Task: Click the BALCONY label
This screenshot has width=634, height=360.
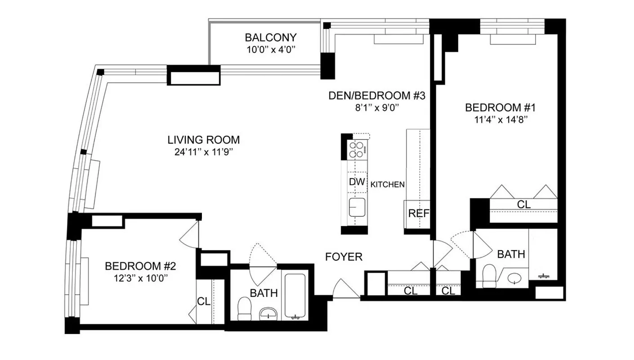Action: click(270, 37)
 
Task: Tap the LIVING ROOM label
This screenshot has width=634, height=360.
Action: click(204, 139)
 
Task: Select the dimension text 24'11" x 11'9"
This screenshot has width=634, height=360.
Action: click(204, 152)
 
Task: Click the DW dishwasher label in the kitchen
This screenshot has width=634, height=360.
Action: click(357, 183)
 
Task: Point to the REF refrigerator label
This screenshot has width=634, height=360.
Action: click(418, 214)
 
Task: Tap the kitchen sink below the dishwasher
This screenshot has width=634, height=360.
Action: click(357, 208)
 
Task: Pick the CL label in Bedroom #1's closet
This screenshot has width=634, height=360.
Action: click(523, 204)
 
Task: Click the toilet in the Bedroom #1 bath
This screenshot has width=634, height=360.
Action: click(489, 275)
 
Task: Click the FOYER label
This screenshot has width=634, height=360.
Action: click(344, 257)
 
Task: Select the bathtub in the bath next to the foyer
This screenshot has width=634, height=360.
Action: click(295, 295)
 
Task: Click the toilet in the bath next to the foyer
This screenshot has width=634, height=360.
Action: click(245, 308)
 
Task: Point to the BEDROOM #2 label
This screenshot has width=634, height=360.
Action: click(140, 266)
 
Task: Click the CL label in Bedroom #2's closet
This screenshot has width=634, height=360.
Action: click(204, 301)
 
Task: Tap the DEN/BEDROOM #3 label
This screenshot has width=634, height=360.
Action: click(377, 95)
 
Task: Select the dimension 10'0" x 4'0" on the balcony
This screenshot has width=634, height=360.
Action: click(270, 49)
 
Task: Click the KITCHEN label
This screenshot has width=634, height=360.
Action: click(387, 184)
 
